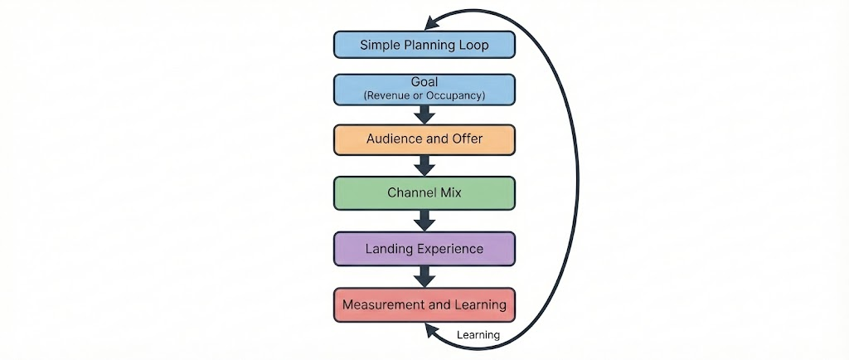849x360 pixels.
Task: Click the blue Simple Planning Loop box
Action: (x=424, y=45)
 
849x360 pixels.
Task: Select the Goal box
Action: (x=424, y=89)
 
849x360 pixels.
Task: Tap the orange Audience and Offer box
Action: (x=424, y=139)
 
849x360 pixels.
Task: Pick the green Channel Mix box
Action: (x=424, y=192)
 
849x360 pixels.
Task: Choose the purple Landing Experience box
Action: (x=424, y=248)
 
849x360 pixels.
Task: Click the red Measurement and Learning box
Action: (x=424, y=304)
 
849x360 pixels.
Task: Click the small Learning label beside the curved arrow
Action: (x=478, y=335)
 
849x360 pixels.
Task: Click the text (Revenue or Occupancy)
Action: (x=424, y=96)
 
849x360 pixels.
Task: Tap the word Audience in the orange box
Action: (x=394, y=139)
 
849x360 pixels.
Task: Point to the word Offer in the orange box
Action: (x=465, y=139)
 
